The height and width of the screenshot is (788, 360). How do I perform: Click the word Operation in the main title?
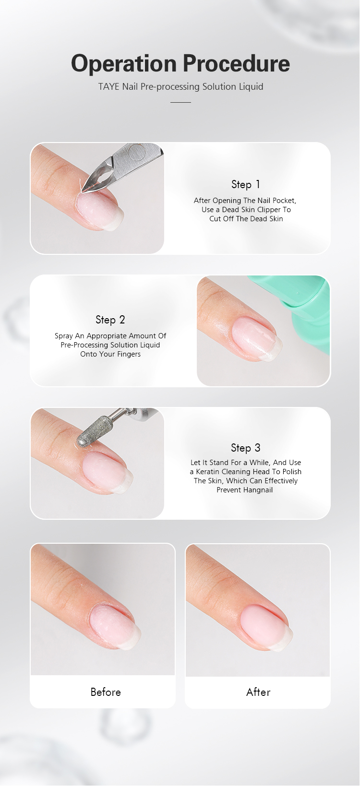[x=123, y=64]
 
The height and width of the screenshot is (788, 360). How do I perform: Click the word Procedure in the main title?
[x=236, y=63]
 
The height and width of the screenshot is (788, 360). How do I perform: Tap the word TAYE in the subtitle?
[x=109, y=86]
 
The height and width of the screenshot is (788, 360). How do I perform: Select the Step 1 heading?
[x=246, y=184]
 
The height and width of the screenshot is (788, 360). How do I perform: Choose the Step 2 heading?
[x=110, y=320]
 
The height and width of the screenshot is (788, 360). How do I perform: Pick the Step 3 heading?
[x=246, y=448]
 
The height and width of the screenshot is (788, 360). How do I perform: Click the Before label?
[x=106, y=692]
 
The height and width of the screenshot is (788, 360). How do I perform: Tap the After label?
[x=258, y=692]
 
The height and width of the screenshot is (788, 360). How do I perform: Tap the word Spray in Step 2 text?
[x=64, y=336]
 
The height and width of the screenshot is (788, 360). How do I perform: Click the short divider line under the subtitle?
[x=180, y=102]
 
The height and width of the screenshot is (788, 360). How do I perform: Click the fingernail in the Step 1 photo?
[x=100, y=211]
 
